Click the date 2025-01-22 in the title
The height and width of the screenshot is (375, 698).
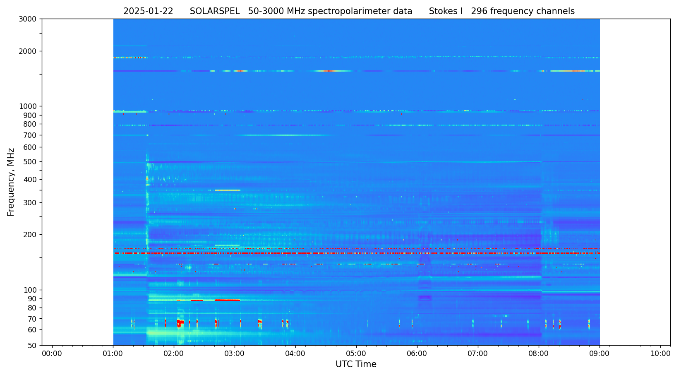tap(148, 12)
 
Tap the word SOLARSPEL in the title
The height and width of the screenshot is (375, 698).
tap(215, 12)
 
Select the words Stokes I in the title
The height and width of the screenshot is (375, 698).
tap(446, 12)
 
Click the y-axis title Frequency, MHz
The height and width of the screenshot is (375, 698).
tap(11, 182)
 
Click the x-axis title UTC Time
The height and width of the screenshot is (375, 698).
tap(356, 364)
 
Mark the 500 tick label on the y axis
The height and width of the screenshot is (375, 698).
tap(30, 162)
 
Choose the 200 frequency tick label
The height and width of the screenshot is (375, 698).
tap(30, 235)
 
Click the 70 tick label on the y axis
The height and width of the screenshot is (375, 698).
tap(32, 319)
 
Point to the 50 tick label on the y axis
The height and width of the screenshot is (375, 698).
tap(32, 346)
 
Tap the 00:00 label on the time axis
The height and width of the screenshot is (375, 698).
tap(52, 353)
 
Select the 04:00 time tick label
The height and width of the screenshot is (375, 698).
tap(295, 353)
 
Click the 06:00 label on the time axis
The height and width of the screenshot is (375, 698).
tap(417, 353)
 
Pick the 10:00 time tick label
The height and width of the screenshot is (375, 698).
tap(660, 353)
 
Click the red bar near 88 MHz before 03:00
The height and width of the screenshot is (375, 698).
tap(227, 300)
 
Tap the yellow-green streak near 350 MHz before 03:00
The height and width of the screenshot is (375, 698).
tap(227, 190)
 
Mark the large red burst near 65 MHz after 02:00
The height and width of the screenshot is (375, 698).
tap(180, 323)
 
